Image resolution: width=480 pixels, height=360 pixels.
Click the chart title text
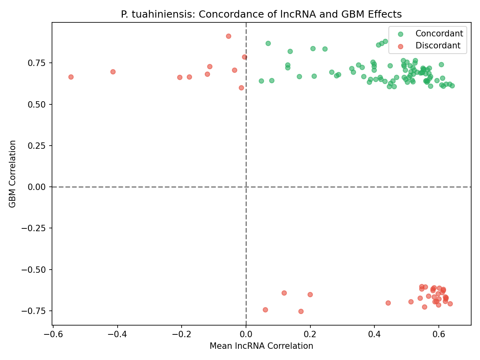pyautogui.click(x=261, y=14)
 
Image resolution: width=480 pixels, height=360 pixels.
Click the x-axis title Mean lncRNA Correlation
pyautogui.click(x=261, y=346)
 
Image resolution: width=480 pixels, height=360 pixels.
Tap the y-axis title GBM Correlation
pyautogui.click(x=13, y=174)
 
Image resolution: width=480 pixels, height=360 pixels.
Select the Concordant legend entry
pyautogui.click(x=439, y=34)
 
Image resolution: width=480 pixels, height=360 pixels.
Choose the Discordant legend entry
pyautogui.click(x=438, y=46)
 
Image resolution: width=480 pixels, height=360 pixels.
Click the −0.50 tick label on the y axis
pyautogui.click(x=36, y=270)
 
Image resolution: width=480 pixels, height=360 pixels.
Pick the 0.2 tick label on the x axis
pyautogui.click(x=310, y=334)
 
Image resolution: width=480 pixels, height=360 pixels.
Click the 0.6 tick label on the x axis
pyautogui.click(x=439, y=334)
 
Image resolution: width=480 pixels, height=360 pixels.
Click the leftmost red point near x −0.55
pyautogui.click(x=71, y=77)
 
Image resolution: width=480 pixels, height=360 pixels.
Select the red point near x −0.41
pyautogui.click(x=113, y=72)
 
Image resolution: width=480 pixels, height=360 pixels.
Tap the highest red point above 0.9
pyautogui.click(x=228, y=36)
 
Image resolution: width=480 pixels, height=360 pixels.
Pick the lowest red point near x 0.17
pyautogui.click(x=301, y=311)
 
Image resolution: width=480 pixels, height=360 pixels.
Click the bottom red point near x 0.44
pyautogui.click(x=388, y=303)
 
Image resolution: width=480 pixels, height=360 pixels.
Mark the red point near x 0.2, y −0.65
pyautogui.click(x=310, y=294)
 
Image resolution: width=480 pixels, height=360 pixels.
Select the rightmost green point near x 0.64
pyautogui.click(x=452, y=86)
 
